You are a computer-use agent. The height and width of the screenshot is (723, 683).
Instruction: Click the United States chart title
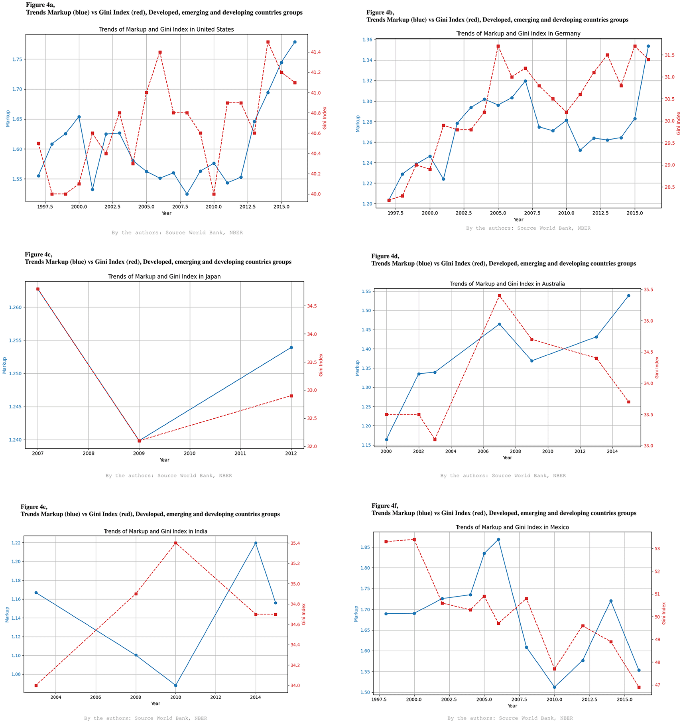click(166, 30)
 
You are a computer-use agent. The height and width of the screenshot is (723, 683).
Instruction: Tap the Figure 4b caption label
click(380, 13)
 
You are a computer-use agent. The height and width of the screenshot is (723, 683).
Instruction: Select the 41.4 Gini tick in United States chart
click(316, 52)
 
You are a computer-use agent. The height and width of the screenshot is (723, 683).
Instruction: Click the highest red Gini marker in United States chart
click(268, 42)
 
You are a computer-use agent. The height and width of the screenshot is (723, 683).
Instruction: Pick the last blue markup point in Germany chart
click(648, 46)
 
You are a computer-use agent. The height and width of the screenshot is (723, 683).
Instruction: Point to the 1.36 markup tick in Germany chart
click(367, 40)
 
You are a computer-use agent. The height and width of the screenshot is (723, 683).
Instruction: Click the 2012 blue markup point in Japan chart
click(291, 347)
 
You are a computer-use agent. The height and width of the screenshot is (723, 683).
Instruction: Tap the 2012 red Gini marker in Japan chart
click(291, 396)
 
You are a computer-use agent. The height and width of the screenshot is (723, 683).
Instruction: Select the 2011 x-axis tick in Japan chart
click(240, 453)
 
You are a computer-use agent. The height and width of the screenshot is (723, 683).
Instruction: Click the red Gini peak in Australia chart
click(499, 296)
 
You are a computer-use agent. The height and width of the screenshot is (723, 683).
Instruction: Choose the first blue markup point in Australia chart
click(386, 439)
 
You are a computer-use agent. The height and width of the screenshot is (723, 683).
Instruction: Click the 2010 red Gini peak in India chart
click(176, 543)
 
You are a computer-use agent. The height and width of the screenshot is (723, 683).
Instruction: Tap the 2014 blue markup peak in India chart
click(256, 543)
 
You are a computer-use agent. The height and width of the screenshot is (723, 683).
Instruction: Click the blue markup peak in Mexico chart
click(498, 540)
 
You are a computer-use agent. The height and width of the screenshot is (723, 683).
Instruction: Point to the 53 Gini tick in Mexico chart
click(657, 549)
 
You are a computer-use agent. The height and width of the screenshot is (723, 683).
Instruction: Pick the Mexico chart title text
click(512, 527)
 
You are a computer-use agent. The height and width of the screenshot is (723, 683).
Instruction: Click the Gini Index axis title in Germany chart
click(679, 123)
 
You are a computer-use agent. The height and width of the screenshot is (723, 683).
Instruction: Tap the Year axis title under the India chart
click(155, 703)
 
